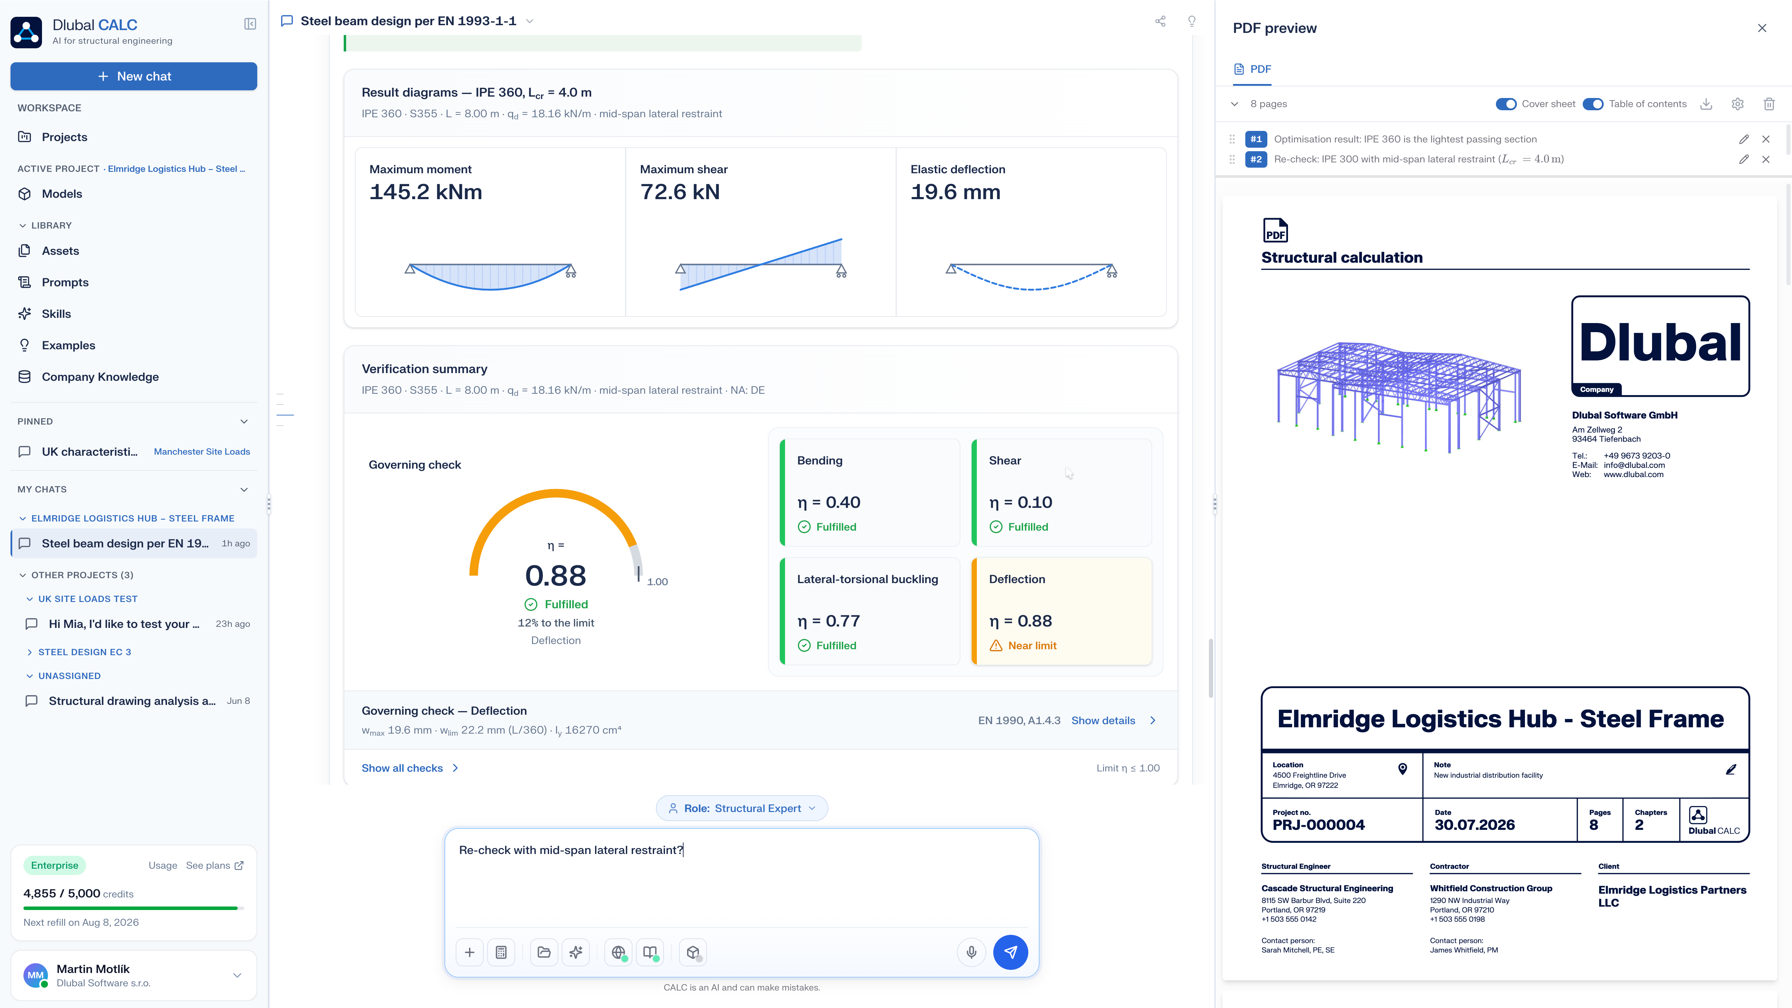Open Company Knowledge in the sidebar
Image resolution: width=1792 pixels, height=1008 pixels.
(99, 376)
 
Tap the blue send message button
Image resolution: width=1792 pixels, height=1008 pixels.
(1010, 952)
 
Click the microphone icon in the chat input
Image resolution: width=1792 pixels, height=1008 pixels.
(971, 952)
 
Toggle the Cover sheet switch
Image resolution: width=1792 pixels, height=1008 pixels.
(1506, 104)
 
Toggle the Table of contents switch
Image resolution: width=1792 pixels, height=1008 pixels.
(1593, 104)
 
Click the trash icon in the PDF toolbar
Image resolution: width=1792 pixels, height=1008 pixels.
(1768, 104)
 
